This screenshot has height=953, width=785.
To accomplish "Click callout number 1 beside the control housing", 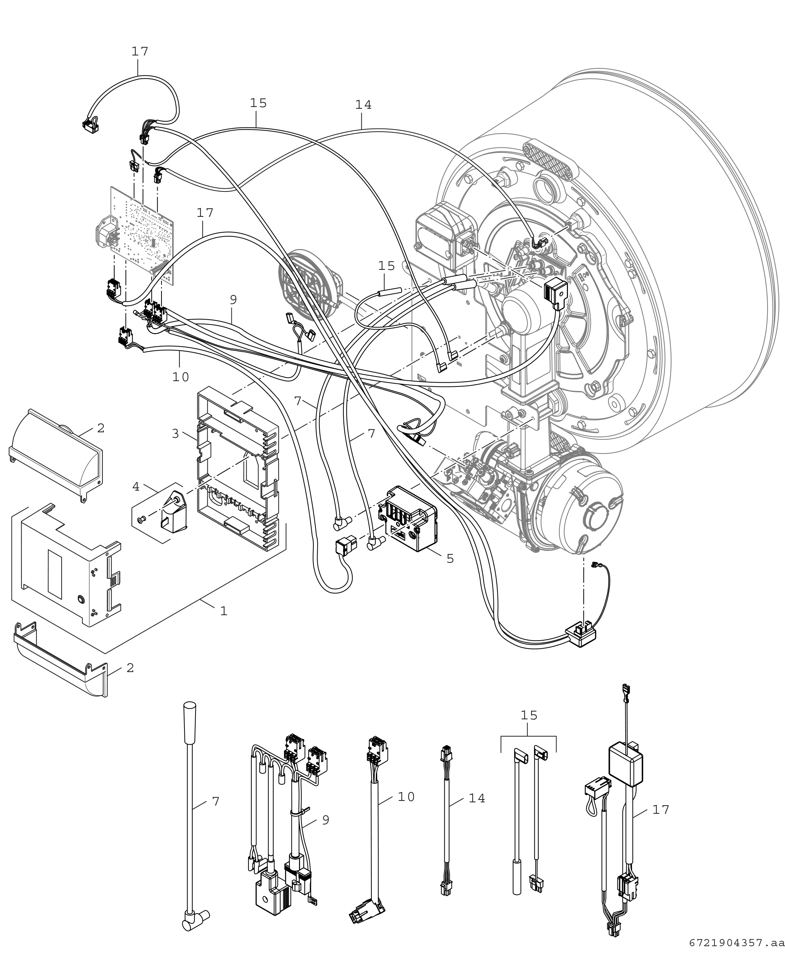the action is click(x=223, y=611).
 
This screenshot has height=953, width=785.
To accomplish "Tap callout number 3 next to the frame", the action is click(x=175, y=434).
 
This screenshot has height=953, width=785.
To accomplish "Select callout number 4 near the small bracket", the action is click(x=136, y=487).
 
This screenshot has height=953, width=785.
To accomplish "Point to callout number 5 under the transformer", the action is click(x=450, y=559).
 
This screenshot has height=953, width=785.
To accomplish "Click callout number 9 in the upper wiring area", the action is click(x=233, y=300).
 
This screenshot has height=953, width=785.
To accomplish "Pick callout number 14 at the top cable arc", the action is click(x=363, y=105).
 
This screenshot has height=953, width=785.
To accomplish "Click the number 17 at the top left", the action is click(x=140, y=52).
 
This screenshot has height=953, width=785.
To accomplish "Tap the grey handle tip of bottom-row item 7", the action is click(x=189, y=714).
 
